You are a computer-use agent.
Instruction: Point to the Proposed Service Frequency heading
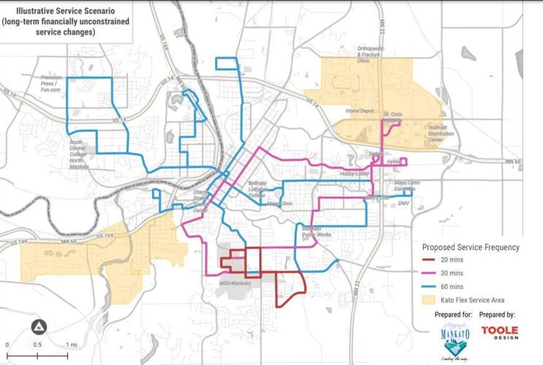pos(470,247)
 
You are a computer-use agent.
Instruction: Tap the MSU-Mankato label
pos(235,282)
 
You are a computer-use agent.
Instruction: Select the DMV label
pos(404,204)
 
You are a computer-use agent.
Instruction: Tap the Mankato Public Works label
pos(316,231)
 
